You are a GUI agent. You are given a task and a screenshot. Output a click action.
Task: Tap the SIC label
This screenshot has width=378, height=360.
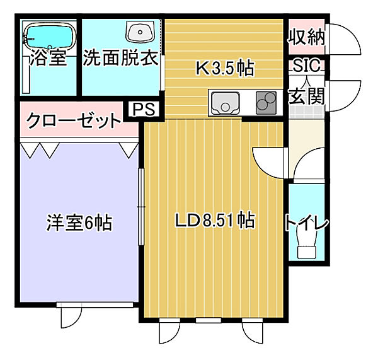tap(307, 66)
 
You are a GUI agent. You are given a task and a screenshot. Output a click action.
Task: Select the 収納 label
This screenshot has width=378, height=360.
tap(307, 37)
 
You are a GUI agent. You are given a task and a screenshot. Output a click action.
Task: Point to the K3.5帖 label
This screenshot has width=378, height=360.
tap(225, 68)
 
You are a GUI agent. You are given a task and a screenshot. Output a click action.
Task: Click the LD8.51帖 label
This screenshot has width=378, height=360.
tap(214, 221)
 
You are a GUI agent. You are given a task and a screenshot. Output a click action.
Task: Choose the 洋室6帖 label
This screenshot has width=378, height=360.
tap(79, 222)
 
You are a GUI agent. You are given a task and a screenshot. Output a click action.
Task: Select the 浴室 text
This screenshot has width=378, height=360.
tap(49, 59)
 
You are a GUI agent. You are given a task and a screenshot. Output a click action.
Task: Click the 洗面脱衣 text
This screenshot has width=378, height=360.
tap(120, 59)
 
